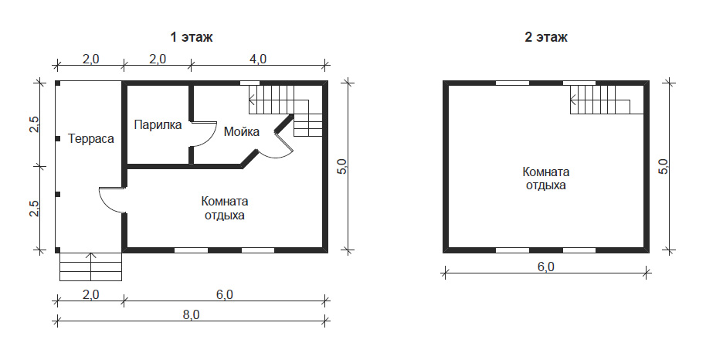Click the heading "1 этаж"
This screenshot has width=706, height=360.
click(x=192, y=37)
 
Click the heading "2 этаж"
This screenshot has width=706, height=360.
click(x=546, y=37)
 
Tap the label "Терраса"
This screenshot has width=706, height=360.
click(x=91, y=139)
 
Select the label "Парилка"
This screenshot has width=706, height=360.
click(x=158, y=125)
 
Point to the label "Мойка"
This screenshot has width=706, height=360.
click(x=242, y=131)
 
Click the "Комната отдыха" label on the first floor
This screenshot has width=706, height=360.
click(x=225, y=208)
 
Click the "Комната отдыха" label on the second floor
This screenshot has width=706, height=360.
click(x=545, y=178)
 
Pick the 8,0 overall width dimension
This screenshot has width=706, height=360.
click(x=191, y=314)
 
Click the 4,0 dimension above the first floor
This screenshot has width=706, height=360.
click(x=258, y=59)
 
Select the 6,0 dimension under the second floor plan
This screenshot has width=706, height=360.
click(x=545, y=267)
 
